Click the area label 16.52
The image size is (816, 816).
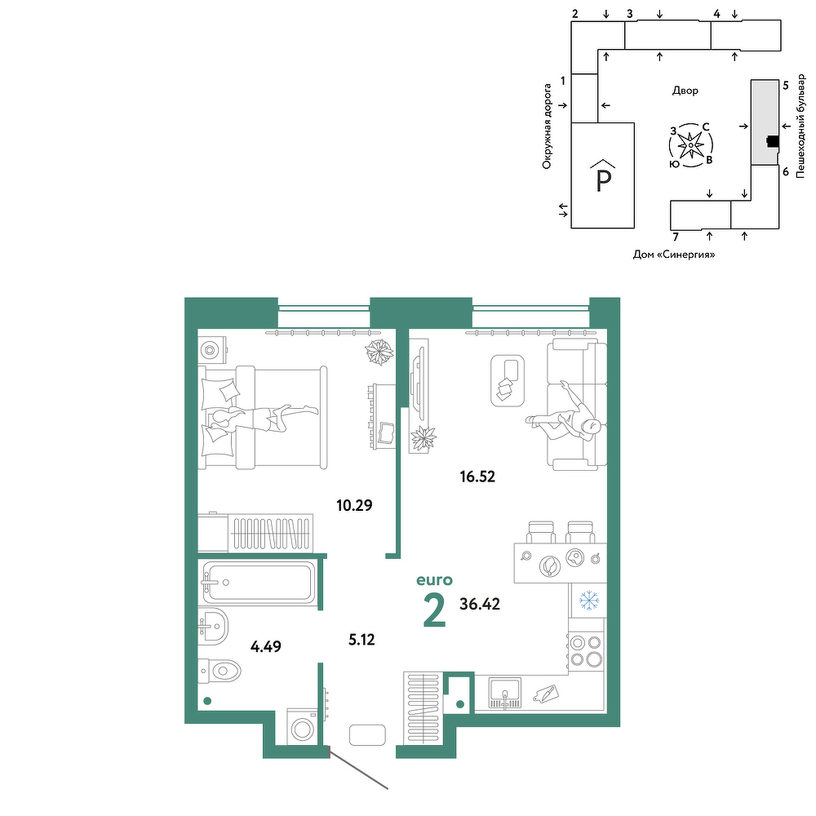477,477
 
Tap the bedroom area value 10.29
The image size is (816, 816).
354,505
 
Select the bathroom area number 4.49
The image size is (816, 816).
266,646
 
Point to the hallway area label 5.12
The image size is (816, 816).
361,639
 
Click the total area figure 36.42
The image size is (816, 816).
480,604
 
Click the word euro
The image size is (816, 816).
435,579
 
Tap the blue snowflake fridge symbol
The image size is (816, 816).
589,600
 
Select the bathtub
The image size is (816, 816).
259,583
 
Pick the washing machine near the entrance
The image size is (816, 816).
303,727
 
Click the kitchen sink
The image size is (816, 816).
504,693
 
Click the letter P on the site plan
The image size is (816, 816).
603,181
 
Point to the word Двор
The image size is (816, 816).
685,91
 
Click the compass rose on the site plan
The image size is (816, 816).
690,145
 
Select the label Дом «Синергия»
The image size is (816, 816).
674,255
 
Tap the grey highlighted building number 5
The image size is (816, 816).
765,122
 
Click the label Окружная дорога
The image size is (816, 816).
547,126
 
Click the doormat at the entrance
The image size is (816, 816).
367,735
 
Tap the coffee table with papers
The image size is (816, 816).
508,380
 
